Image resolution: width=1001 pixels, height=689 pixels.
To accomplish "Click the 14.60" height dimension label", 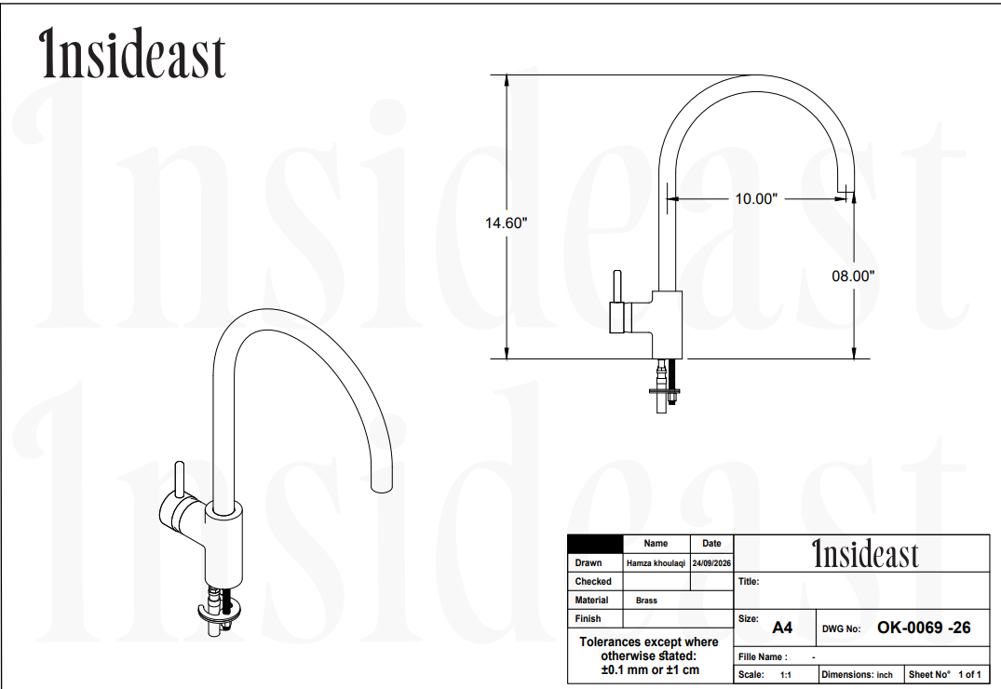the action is (x=506, y=223).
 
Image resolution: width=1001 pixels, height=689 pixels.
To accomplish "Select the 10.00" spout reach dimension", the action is (x=756, y=198).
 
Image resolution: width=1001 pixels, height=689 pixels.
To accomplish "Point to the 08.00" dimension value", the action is (x=853, y=276).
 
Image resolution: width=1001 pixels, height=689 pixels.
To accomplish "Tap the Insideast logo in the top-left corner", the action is (x=132, y=54).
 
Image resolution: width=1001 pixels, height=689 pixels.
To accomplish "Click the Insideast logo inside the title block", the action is (x=865, y=554).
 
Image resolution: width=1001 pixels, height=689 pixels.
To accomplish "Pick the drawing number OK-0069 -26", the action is (x=924, y=628).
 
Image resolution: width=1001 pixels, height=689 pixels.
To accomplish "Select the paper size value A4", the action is (x=782, y=628).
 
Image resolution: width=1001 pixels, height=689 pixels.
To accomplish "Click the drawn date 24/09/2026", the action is (x=711, y=563).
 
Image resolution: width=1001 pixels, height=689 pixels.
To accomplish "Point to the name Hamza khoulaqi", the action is (x=656, y=563).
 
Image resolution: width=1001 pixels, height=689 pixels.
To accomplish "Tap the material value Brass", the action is (x=646, y=601).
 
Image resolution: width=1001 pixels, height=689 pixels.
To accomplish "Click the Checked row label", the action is (x=593, y=581).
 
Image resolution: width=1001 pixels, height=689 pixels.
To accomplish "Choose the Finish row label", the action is (x=588, y=618).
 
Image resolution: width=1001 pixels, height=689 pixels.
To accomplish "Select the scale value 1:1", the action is (x=786, y=674).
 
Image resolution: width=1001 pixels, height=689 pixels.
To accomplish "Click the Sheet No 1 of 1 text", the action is (x=945, y=674).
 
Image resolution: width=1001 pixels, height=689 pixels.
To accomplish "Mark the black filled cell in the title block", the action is (x=595, y=544).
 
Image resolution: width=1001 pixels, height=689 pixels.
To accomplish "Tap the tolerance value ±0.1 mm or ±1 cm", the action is (x=650, y=669).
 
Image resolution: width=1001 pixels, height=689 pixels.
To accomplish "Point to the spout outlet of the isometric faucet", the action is (x=382, y=487).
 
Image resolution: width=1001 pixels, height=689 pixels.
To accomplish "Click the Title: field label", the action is (x=749, y=581).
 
